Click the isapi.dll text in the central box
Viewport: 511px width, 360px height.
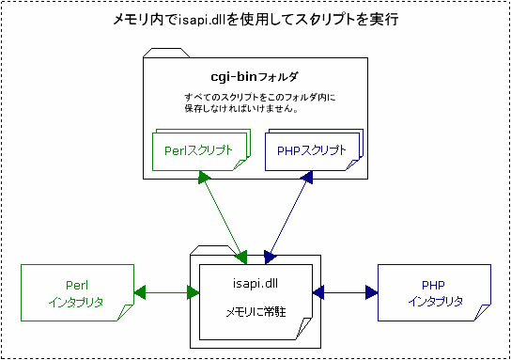[254, 281]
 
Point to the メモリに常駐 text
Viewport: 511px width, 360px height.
[254, 311]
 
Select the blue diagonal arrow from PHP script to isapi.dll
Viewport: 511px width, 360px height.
[289, 215]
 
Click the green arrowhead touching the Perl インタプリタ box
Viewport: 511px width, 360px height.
[140, 291]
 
